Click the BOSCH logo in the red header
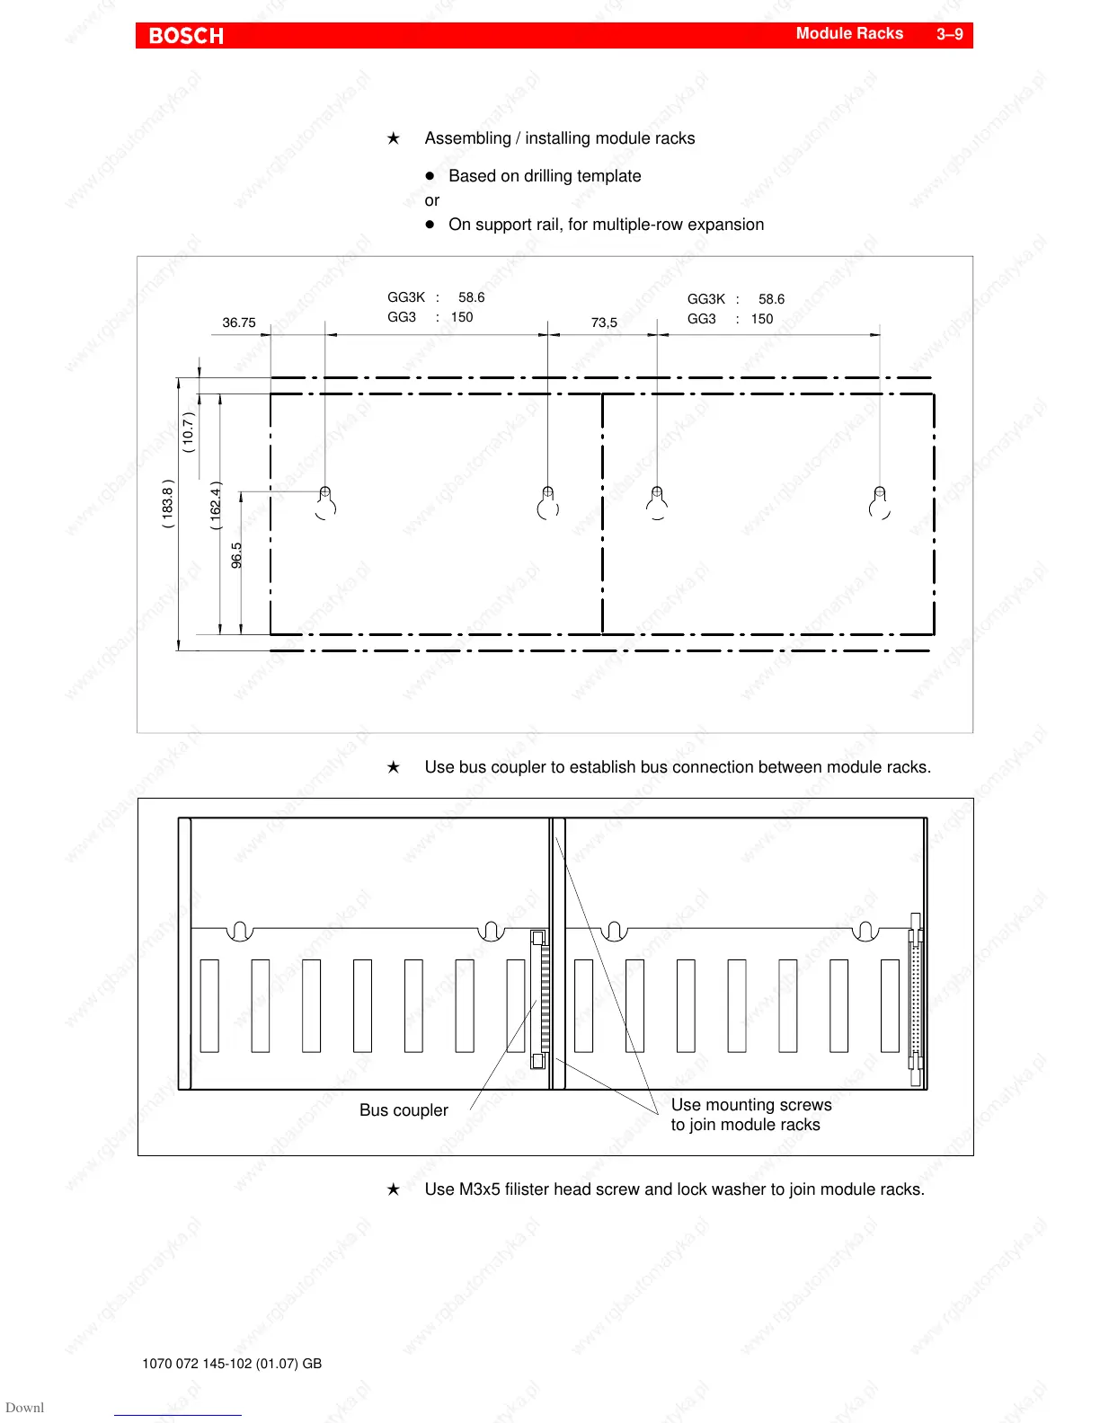click(x=186, y=36)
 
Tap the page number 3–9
click(x=949, y=34)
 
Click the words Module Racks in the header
click(x=849, y=33)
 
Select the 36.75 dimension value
click(x=239, y=323)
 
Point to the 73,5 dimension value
click(x=604, y=323)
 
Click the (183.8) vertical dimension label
click(x=168, y=503)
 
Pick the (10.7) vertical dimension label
click(x=189, y=432)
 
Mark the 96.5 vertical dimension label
click(x=237, y=555)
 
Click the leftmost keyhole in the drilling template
click(x=325, y=503)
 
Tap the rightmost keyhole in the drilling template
click(x=880, y=503)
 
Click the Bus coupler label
click(x=404, y=1110)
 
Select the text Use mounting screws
click(x=751, y=1105)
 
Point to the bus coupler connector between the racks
click(x=540, y=1000)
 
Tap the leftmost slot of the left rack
click(x=209, y=1005)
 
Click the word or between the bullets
click(x=432, y=200)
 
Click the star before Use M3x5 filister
click(x=394, y=1189)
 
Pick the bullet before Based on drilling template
click(x=430, y=176)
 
